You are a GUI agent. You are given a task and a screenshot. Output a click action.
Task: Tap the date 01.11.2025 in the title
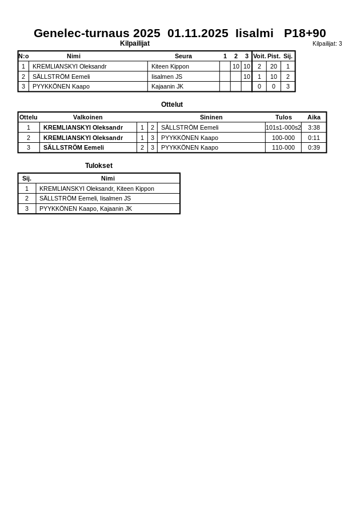point(198,33)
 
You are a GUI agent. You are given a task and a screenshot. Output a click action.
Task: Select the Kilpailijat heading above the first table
point(135,43)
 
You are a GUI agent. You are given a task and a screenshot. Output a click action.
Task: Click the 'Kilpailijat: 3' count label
point(327,44)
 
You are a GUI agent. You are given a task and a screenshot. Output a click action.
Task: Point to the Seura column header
point(183,56)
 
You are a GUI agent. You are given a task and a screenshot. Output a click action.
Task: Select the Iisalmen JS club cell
point(167,77)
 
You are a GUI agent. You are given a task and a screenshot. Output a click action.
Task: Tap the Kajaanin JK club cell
point(167,86)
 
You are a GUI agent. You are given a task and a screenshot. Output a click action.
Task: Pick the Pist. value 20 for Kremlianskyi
point(274,66)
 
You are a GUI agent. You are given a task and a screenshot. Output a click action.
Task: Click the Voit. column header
point(259,56)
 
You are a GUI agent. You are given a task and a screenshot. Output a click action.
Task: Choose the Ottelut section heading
point(172,105)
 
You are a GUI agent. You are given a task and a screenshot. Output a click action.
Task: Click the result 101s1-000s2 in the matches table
point(283,127)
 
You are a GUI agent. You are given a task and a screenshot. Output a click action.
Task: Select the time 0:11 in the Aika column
point(314,138)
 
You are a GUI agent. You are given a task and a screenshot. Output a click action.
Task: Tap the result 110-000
point(283,147)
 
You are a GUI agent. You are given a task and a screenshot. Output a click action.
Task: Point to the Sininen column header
point(211,117)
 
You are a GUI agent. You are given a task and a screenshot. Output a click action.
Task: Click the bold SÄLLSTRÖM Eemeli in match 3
point(74,147)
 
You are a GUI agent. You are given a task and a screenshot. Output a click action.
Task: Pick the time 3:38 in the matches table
point(314,127)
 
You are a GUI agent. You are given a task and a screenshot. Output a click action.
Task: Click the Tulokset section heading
point(99,166)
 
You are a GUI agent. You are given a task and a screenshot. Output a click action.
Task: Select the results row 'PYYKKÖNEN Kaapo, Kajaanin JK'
point(86,209)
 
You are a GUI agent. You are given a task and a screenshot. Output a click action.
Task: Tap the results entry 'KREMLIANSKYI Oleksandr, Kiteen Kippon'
point(97,189)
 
